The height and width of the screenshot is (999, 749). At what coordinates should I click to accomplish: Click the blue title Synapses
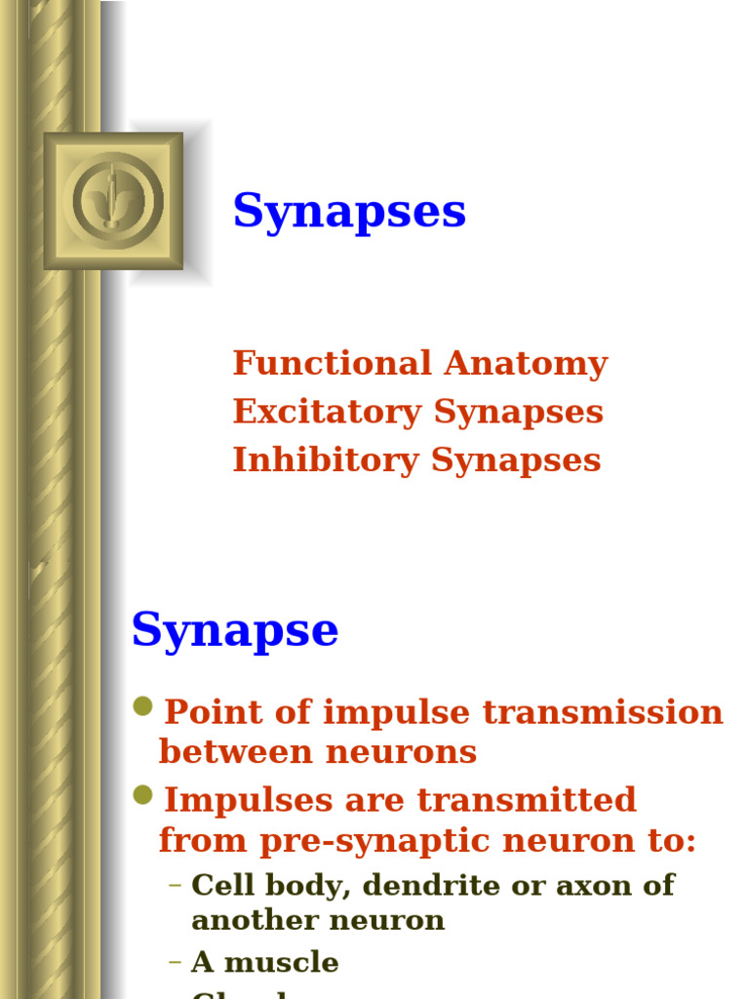tap(349, 212)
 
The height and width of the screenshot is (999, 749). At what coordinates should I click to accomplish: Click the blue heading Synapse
tap(235, 630)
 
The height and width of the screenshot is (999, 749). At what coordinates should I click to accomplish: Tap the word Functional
tap(332, 363)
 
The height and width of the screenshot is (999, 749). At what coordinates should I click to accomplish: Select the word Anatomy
tap(526, 363)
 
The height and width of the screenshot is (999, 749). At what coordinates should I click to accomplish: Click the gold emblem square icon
tap(113, 201)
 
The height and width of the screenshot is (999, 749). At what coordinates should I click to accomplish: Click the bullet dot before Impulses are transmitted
tap(143, 796)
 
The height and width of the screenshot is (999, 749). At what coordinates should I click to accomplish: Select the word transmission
tap(604, 712)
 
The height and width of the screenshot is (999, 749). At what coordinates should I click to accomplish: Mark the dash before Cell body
tap(176, 886)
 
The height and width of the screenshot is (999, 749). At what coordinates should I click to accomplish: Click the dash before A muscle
tap(176, 963)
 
